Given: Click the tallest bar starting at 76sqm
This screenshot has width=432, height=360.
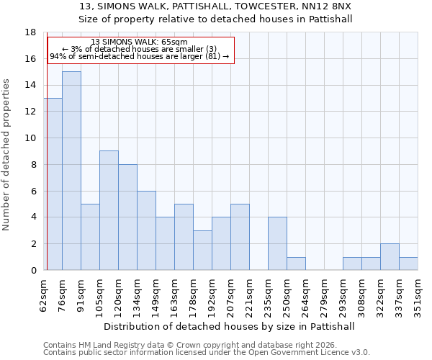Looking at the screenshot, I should pyautogui.click(x=71, y=171).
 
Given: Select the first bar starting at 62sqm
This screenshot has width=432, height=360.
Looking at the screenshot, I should pyautogui.click(x=53, y=184).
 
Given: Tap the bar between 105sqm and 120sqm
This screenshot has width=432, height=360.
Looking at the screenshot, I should pyautogui.click(x=109, y=210).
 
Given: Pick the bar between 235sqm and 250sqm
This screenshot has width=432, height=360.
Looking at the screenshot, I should pyautogui.click(x=277, y=243).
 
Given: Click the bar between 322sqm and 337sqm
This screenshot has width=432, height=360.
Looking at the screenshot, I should pyautogui.click(x=390, y=257).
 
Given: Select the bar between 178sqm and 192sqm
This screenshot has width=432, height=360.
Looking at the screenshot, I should pyautogui.click(x=202, y=251).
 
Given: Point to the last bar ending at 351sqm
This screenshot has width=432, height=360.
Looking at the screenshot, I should pyautogui.click(x=408, y=264).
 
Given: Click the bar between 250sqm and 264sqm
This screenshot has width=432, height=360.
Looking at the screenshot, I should pyautogui.click(x=296, y=264).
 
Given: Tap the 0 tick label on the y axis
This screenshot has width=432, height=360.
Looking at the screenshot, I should pyautogui.click(x=33, y=271).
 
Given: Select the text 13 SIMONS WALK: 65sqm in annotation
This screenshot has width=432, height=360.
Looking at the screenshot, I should pyautogui.click(x=140, y=42).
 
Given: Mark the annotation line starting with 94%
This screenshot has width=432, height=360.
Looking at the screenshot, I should pyautogui.click(x=140, y=56).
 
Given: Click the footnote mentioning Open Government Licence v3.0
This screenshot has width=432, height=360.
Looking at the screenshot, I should pyautogui.click(x=207, y=353).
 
